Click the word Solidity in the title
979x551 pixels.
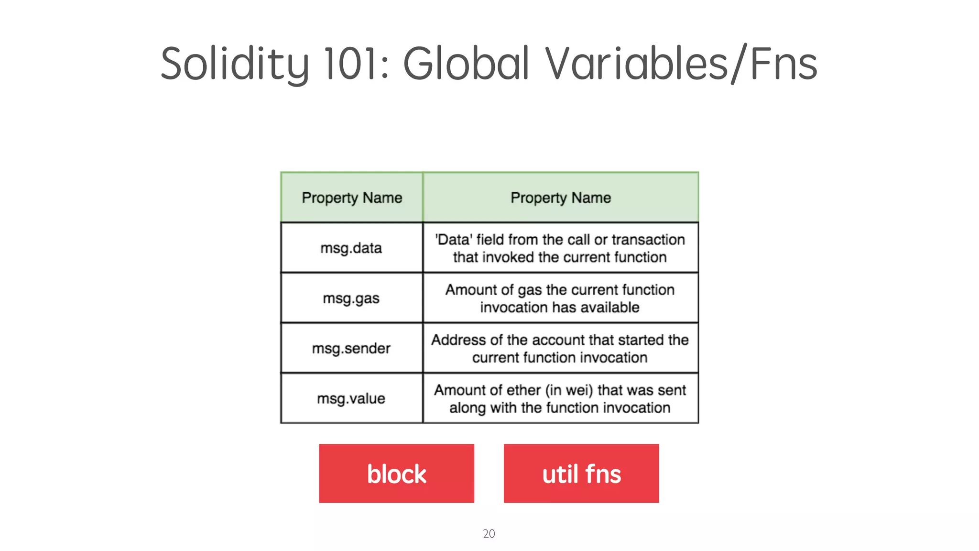tap(235, 64)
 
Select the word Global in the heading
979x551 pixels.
tap(466, 64)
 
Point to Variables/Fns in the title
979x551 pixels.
tap(681, 64)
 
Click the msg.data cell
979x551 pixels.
tap(351, 248)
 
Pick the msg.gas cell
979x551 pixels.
tap(351, 298)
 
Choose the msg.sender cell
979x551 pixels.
tap(351, 349)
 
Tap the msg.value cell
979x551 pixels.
tap(351, 398)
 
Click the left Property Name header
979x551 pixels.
tap(352, 198)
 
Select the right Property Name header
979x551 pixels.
tap(561, 198)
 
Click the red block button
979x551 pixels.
tap(397, 474)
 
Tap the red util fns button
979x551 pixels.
tap(581, 474)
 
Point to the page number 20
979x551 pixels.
tap(489, 534)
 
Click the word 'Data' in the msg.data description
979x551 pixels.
tap(454, 240)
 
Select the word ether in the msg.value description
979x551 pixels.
tap(523, 390)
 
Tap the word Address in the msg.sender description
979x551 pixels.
tap(459, 340)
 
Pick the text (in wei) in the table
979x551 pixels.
tap(569, 390)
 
